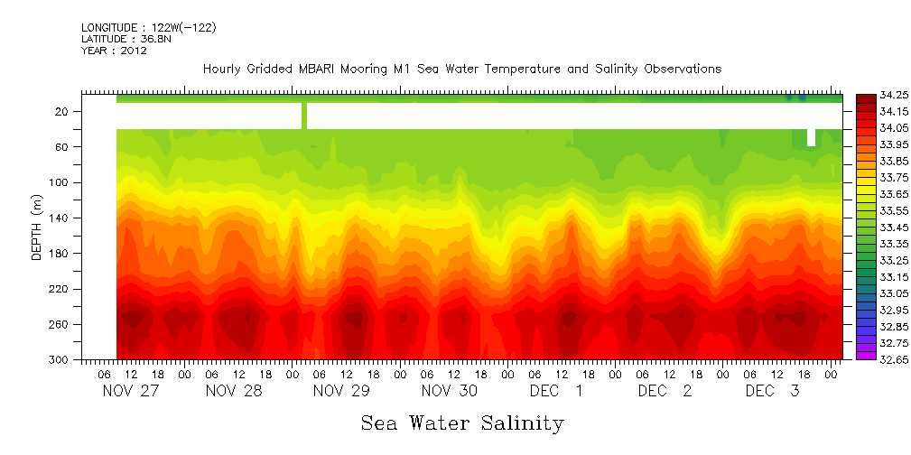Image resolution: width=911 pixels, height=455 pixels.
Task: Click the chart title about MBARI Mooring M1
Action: [x=461, y=70]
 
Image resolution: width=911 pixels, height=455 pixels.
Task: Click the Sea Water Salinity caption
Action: [x=462, y=422]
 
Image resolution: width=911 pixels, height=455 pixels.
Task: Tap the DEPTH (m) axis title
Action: [x=37, y=231]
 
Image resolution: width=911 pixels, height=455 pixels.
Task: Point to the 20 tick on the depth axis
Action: [x=62, y=111]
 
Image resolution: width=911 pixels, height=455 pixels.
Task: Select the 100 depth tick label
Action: [x=60, y=182]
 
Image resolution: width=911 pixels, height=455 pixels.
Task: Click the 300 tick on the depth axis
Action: [x=60, y=359]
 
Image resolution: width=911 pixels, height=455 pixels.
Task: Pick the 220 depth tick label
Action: [x=60, y=289]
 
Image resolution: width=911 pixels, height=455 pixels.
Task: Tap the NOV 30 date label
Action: [x=449, y=391]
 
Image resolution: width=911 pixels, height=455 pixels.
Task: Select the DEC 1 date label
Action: [x=556, y=391]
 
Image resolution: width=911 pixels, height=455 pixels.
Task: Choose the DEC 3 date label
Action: [x=772, y=391]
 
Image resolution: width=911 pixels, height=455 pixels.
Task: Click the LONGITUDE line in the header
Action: [x=148, y=28]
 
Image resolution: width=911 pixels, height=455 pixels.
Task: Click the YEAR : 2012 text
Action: [x=114, y=51]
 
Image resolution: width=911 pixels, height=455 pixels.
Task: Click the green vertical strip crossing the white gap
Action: [x=304, y=116]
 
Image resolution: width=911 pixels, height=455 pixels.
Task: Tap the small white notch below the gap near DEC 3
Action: [x=811, y=136]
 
